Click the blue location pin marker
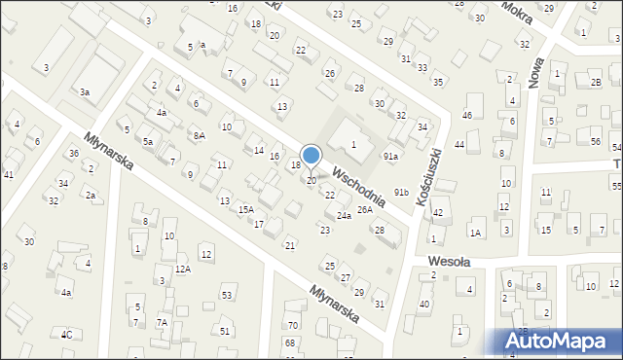(311, 157)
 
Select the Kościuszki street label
(428, 176)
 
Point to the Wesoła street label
(450, 262)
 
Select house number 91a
(390, 156)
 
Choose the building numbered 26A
(365, 209)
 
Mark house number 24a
(344, 215)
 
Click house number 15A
(246, 209)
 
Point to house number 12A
(183, 269)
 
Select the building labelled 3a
(86, 91)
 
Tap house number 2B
(596, 83)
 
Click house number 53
(228, 294)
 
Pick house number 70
(292, 324)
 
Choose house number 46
(467, 116)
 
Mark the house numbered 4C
(67, 335)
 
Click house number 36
(74, 154)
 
